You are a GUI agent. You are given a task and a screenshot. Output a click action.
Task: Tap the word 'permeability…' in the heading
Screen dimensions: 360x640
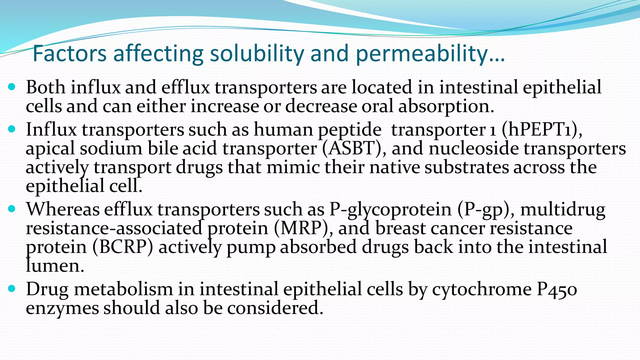point(430,54)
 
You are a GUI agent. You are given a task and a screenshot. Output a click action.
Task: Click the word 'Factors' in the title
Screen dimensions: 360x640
point(69,54)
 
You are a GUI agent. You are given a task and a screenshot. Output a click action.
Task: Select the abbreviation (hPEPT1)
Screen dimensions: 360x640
point(541,129)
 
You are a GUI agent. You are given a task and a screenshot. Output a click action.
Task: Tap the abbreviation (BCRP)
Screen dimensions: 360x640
point(122,247)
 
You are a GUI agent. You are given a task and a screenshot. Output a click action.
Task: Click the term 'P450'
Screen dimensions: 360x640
point(557,289)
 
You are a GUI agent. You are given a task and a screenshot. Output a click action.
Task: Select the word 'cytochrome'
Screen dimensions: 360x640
point(482,289)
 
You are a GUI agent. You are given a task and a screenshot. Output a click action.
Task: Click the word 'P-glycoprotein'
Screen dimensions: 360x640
point(390,209)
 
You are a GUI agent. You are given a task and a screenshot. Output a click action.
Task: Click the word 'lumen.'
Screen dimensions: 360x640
point(55,266)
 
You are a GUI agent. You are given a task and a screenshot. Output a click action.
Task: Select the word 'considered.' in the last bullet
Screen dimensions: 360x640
point(275,308)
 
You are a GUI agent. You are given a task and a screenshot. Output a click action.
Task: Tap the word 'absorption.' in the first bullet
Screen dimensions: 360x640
point(446,106)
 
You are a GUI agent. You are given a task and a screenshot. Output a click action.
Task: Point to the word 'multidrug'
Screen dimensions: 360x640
point(563,209)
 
